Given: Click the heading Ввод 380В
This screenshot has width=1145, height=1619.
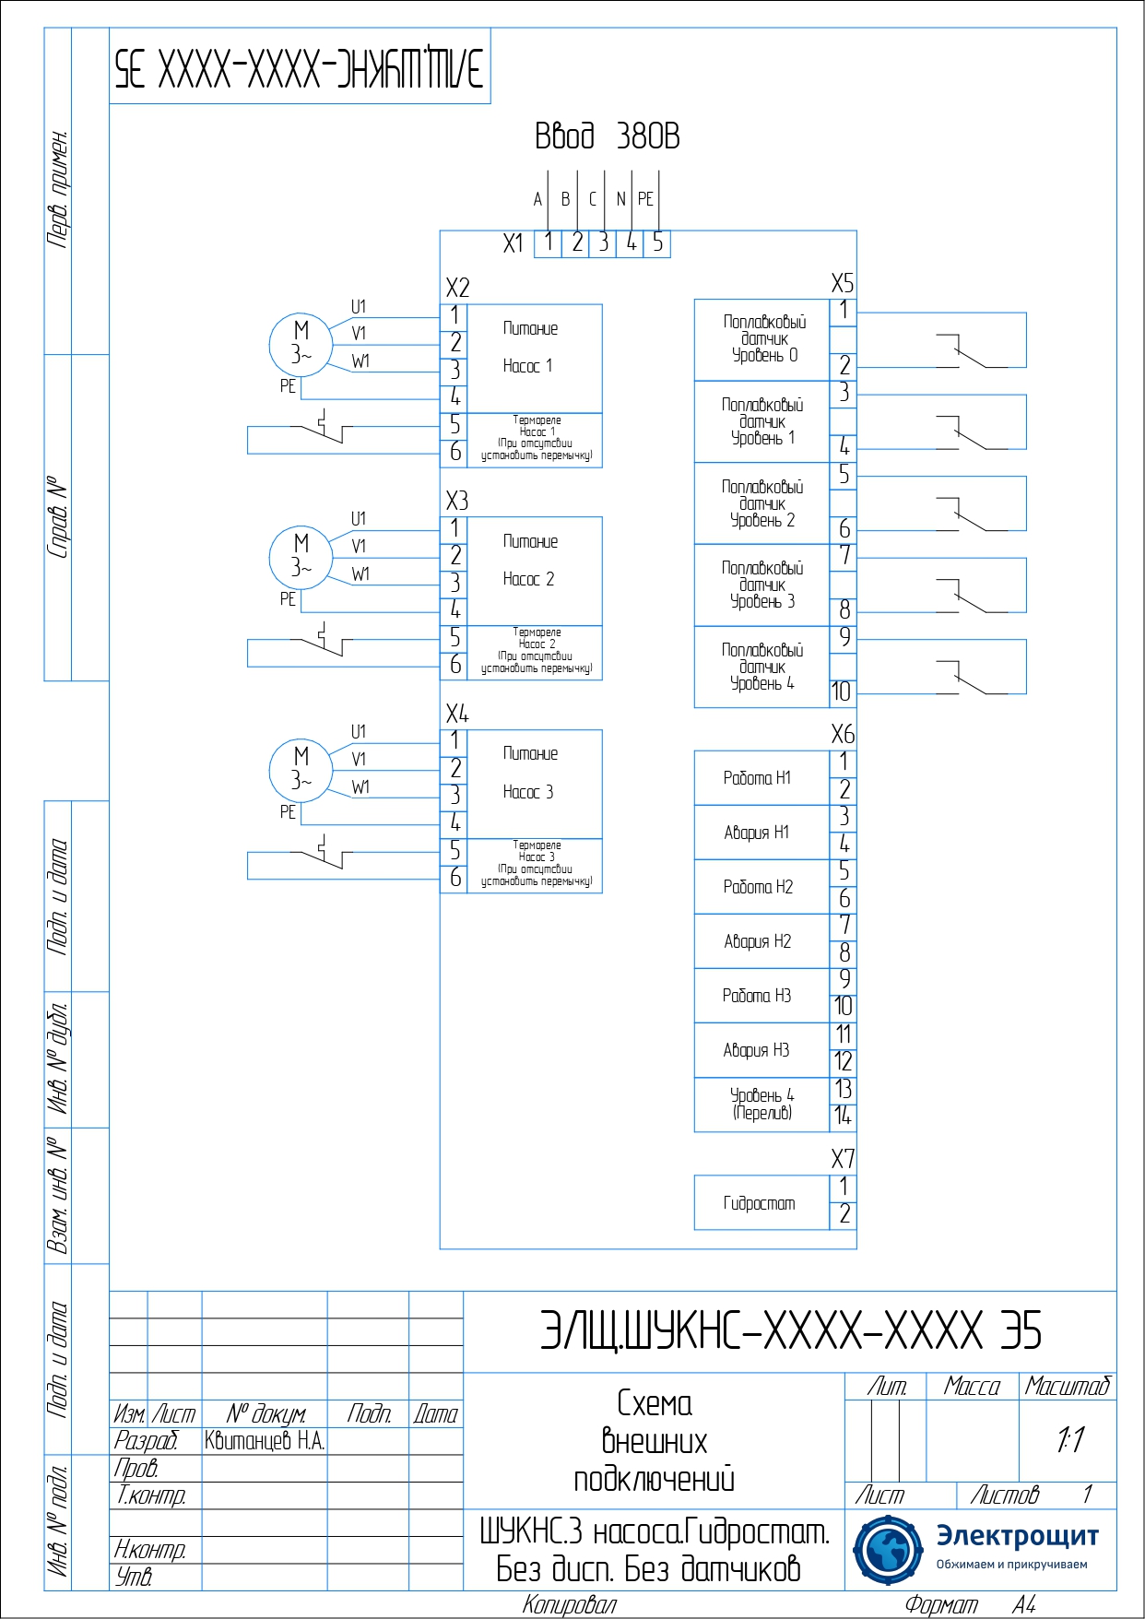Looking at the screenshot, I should [x=607, y=136].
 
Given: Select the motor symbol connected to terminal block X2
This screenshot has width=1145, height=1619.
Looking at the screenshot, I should [x=301, y=344].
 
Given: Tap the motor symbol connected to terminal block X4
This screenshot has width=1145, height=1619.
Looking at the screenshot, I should [x=301, y=769].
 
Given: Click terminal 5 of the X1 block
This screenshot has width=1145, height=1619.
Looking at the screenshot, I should [x=657, y=243].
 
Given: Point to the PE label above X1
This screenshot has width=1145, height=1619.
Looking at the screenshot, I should [x=645, y=199].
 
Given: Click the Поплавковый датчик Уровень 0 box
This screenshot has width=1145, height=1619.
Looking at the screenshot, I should [x=762, y=339].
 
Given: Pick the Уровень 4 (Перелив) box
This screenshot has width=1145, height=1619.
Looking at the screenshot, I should [x=761, y=1105].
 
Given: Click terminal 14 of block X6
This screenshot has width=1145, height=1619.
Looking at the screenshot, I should [x=843, y=1117].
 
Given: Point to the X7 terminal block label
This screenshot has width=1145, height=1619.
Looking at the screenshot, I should [x=843, y=1159].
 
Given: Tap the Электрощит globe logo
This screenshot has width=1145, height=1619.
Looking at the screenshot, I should [x=887, y=1550].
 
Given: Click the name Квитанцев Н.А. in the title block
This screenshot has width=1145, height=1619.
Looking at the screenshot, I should [x=265, y=1441].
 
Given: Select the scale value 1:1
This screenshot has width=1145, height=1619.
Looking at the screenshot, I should [x=1069, y=1439].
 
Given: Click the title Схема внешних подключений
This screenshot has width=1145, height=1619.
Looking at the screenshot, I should [x=654, y=1441].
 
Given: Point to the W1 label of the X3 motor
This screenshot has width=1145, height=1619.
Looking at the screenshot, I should [x=360, y=574].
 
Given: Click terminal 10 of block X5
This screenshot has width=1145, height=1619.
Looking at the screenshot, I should [x=841, y=692].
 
